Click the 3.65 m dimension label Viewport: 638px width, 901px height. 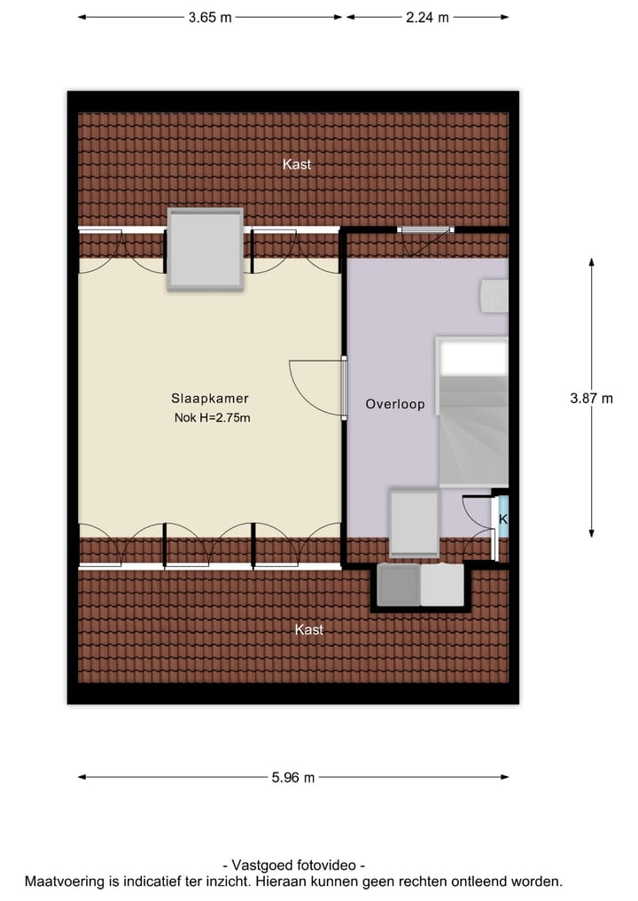tap(210, 17)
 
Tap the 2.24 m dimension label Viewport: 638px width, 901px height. tap(426, 17)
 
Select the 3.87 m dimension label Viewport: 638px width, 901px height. tap(591, 398)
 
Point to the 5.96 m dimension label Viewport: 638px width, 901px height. tap(293, 778)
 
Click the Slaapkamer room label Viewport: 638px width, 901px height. tap(210, 399)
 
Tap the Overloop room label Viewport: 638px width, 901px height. tap(395, 404)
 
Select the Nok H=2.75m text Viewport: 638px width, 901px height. tap(213, 418)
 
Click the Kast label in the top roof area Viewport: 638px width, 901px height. tap(297, 164)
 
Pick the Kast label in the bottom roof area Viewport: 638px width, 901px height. tap(308, 629)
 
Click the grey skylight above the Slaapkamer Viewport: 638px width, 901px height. tap(206, 249)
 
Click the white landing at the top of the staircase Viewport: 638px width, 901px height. tap(474, 358)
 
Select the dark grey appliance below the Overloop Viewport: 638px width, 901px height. tap(398, 586)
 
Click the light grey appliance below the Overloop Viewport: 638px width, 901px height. tap(442, 586)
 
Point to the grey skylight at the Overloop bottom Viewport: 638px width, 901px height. tap(414, 524)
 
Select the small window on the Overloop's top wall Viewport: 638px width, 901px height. tap(425, 229)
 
